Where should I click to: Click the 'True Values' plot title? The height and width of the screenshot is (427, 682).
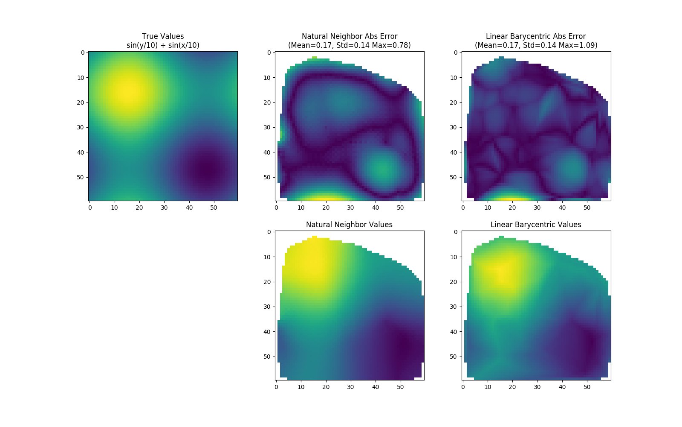click(x=163, y=36)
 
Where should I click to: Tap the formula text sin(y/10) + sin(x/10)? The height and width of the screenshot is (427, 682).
click(x=163, y=45)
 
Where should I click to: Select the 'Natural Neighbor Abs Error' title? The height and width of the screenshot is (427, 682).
click(x=349, y=36)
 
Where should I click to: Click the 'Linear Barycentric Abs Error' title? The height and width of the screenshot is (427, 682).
click(x=535, y=36)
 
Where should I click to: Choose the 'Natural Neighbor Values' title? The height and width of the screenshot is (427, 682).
click(x=349, y=225)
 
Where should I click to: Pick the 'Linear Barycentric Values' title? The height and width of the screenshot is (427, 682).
click(x=535, y=225)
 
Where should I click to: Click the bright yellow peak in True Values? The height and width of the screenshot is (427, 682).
click(x=128, y=91)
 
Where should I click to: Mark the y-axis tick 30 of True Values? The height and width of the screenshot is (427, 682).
click(x=81, y=127)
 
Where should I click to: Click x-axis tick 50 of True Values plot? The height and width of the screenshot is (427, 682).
click(x=214, y=208)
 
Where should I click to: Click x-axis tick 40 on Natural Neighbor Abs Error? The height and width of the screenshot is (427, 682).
click(x=376, y=208)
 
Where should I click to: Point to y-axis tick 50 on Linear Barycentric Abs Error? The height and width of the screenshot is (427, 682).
click(x=455, y=177)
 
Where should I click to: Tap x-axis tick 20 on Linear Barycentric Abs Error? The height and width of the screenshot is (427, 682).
click(x=512, y=208)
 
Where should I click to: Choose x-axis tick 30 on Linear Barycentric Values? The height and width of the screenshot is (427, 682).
click(x=537, y=387)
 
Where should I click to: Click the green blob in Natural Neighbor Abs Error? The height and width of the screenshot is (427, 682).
click(x=383, y=169)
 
